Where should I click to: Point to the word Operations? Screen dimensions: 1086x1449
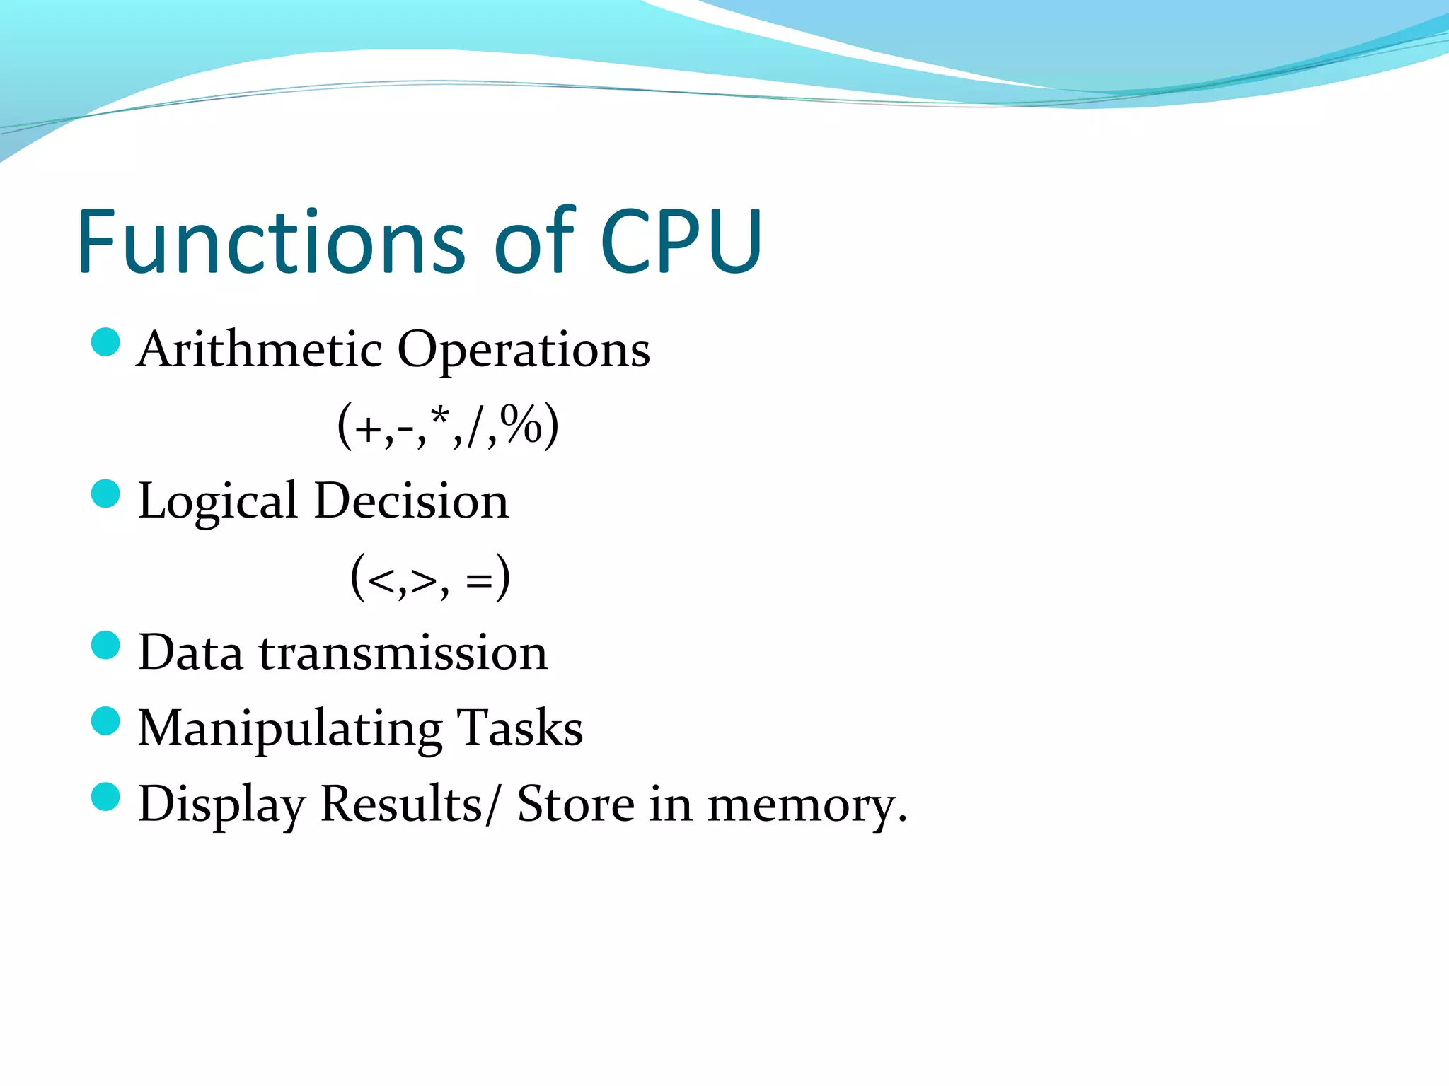524,350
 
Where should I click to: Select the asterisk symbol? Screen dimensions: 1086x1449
441,416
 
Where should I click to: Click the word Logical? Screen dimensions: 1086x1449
217,501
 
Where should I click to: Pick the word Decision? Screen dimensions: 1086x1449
411,501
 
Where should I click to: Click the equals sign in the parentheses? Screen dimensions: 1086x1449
478,580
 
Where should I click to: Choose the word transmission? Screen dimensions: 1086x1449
403,652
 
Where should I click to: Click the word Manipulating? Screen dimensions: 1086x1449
290,728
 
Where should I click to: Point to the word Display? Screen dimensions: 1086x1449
221,805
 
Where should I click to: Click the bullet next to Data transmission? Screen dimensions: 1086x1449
106,646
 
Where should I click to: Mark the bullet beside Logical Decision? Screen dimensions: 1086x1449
106,494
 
